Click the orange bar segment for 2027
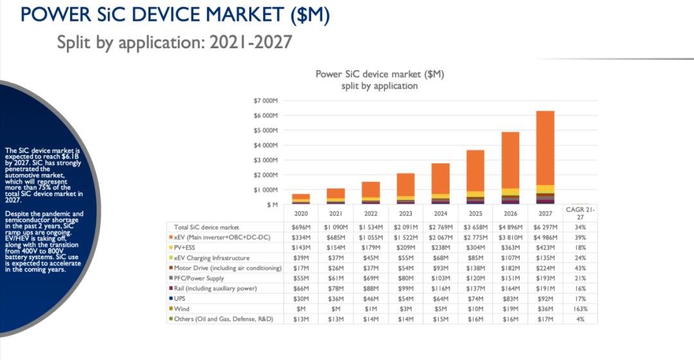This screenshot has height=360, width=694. tap(545, 148)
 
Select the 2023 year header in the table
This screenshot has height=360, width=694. tap(406, 213)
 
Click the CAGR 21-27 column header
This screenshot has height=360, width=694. tap(580, 213)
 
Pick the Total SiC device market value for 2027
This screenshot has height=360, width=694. tap(545, 227)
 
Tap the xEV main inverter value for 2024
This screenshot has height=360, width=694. tap(441, 237)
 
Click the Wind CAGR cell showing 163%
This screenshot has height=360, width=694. tap(580, 309)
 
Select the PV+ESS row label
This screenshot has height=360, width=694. tap(184, 248)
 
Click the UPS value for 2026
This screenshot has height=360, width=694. tap(510, 298)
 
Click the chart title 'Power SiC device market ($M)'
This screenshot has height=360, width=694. tap(380, 74)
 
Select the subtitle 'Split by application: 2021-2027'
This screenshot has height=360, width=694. tap(174, 42)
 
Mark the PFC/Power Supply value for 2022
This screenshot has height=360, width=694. tap(371, 278)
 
